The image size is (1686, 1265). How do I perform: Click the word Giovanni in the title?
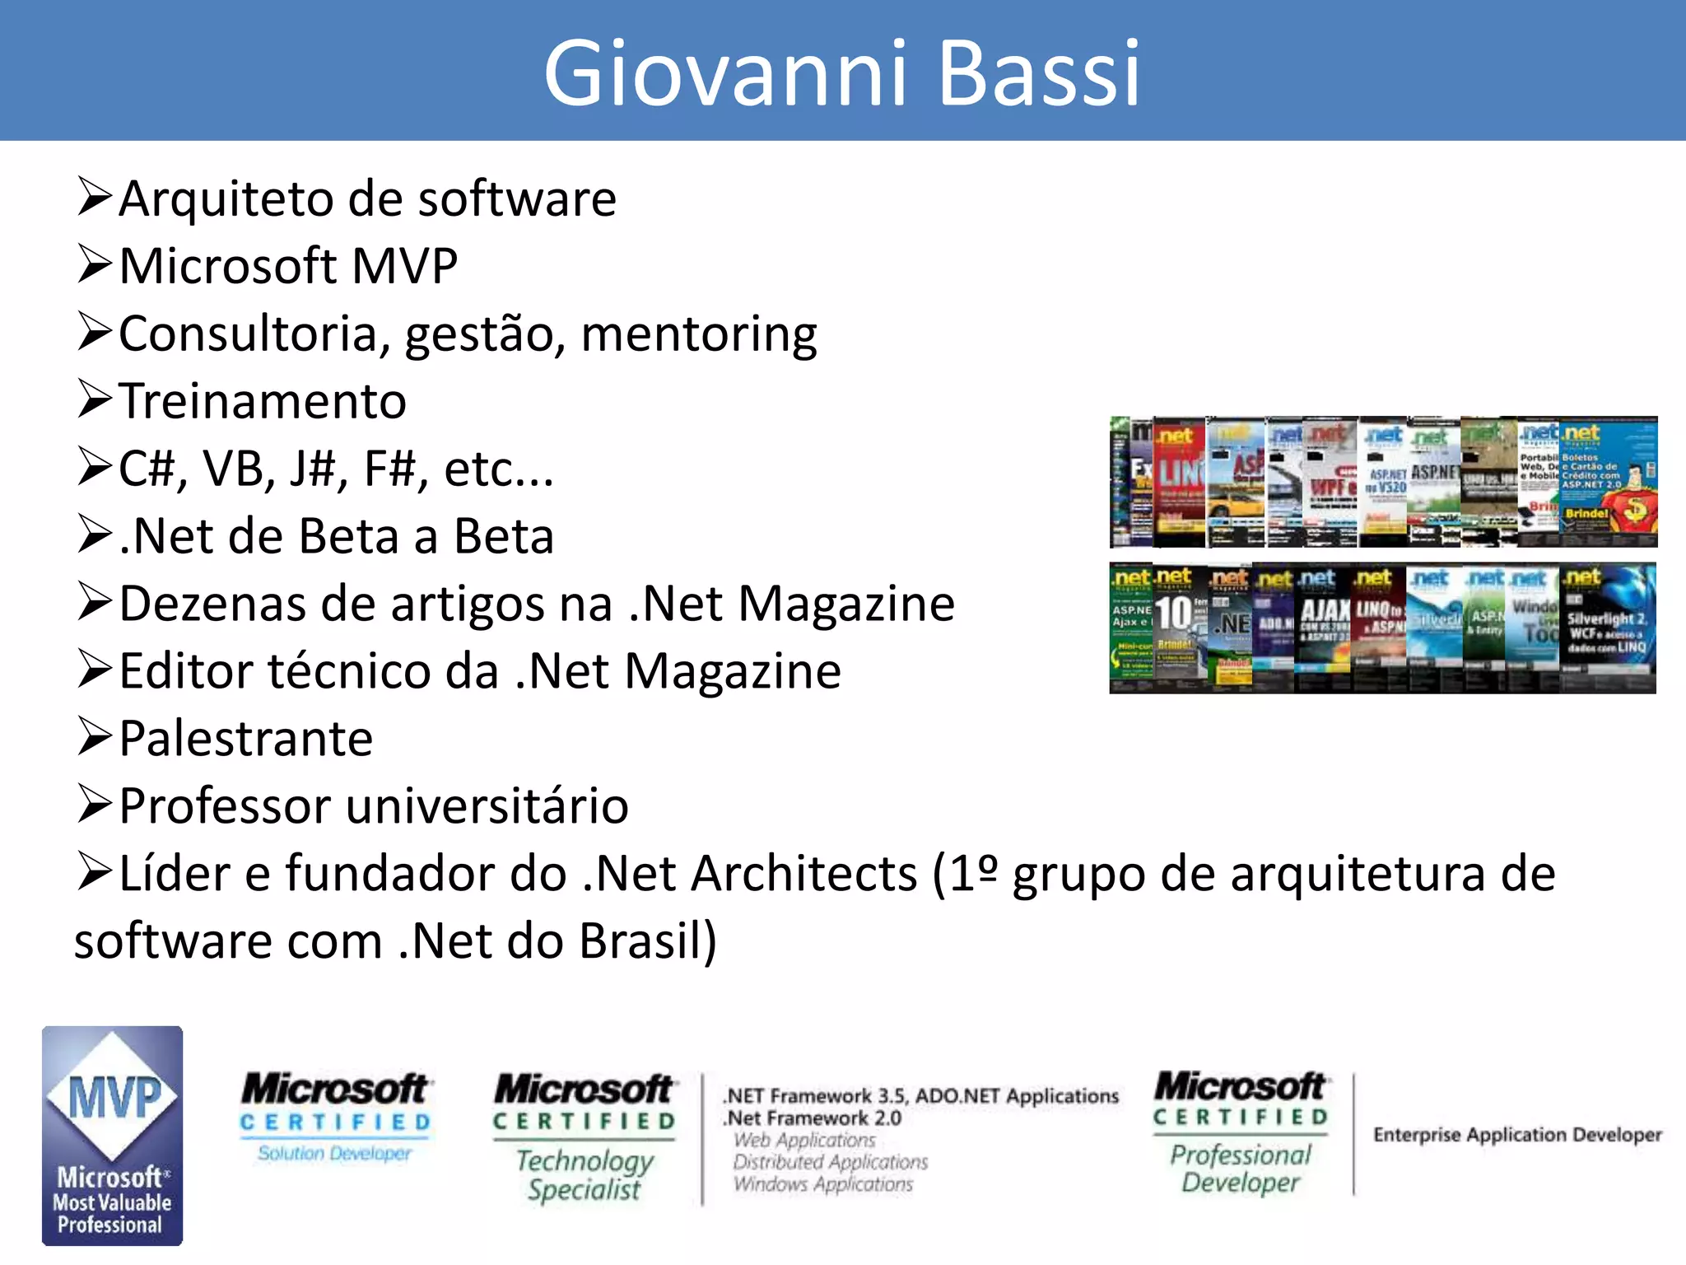[724, 74]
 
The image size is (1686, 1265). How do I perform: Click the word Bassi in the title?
[1039, 74]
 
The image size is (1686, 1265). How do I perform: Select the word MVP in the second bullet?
[404, 266]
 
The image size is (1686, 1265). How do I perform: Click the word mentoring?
[698, 334]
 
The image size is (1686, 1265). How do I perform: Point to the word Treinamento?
[263, 402]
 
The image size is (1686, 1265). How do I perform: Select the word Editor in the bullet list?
[185, 671]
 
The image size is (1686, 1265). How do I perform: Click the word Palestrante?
[245, 739]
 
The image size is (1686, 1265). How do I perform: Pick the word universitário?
[487, 806]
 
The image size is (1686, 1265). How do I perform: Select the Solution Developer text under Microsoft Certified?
[334, 1154]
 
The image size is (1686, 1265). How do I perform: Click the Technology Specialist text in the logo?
[585, 1174]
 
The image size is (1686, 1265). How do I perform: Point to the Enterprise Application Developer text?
[1516, 1135]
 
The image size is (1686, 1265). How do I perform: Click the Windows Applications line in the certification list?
[822, 1184]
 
